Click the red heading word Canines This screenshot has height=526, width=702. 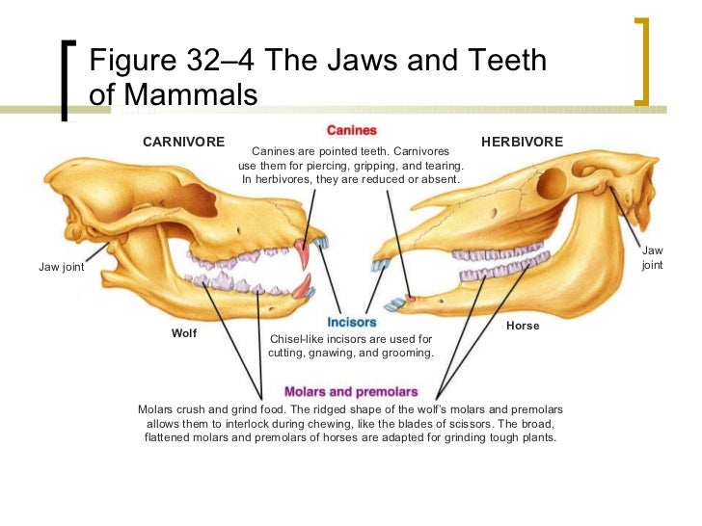coord(351,129)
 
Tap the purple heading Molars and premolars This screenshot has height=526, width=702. coord(351,392)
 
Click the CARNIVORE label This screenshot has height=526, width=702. coord(183,142)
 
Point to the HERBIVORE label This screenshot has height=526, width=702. coord(521,142)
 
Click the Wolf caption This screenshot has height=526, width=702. coord(184,333)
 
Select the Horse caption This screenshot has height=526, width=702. coord(523,326)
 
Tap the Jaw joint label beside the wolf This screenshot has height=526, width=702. coord(62,268)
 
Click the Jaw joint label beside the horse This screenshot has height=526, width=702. coord(653,257)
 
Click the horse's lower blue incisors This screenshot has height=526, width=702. coord(395,305)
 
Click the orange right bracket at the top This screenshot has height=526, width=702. coord(643,60)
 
